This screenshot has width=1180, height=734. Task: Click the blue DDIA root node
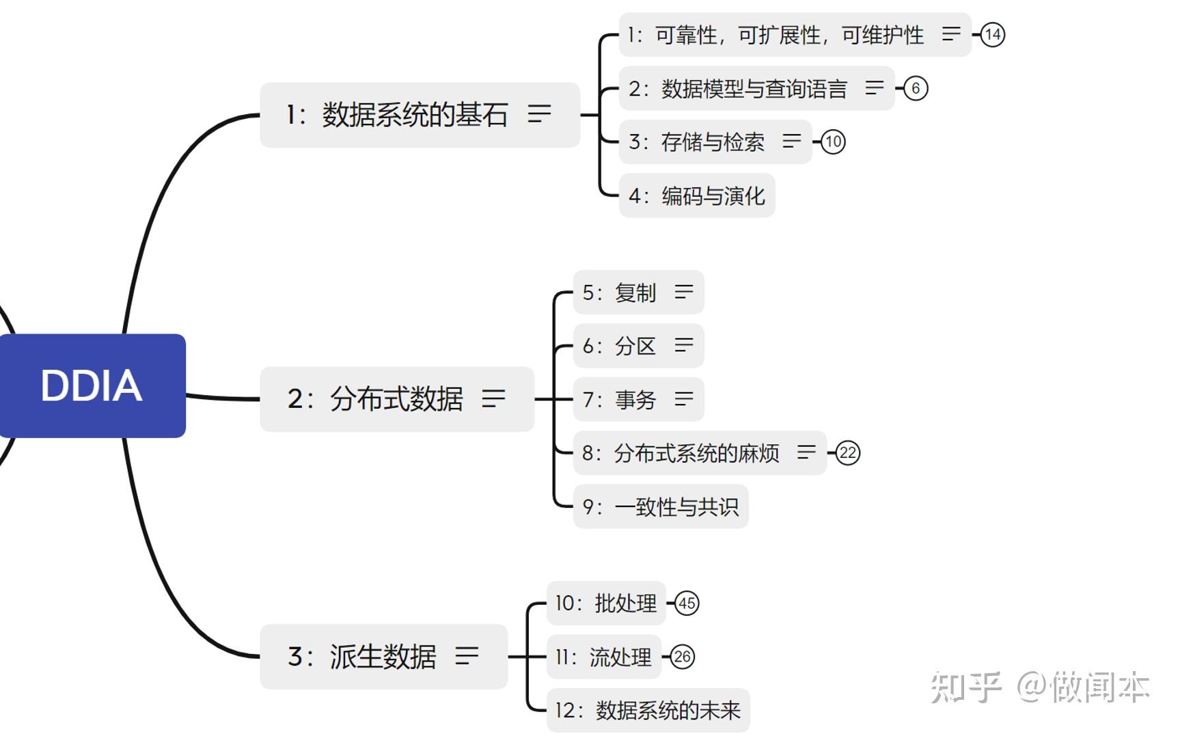point(92,385)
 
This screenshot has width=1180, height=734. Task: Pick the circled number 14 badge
point(992,35)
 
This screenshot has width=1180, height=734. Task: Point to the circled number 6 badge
point(916,88)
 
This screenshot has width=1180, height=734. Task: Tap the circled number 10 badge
point(833,142)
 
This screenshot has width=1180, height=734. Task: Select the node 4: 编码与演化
point(696,196)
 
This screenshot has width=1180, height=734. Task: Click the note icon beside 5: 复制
point(684,293)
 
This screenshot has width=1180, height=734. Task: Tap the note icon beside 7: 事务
point(684,399)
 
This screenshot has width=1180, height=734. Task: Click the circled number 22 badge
point(848,452)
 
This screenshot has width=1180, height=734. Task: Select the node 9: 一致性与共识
point(660,506)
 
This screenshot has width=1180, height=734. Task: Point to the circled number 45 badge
point(687,603)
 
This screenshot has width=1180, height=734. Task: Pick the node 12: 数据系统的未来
point(648,711)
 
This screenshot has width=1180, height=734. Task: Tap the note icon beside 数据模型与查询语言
point(875,88)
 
